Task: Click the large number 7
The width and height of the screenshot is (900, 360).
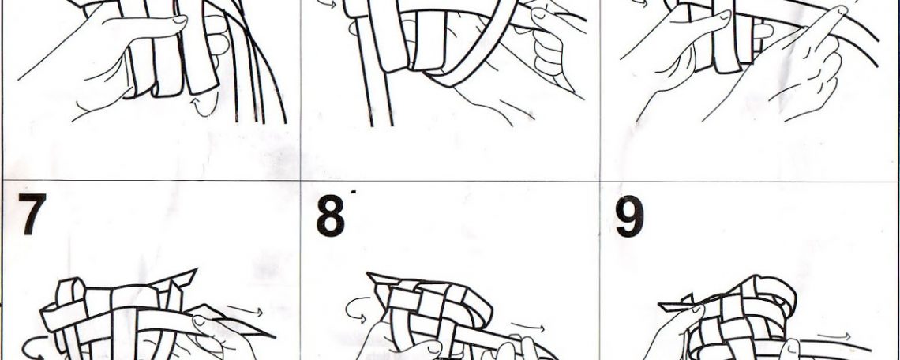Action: [32, 214]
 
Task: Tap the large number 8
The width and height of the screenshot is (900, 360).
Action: [331, 216]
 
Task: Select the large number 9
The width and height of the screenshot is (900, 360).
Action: [630, 216]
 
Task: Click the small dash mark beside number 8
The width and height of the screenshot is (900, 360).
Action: [353, 191]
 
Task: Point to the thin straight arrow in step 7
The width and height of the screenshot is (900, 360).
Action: [245, 311]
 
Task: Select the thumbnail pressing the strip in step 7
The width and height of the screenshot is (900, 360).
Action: [198, 321]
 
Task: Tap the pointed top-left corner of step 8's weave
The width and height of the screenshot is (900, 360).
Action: [369, 275]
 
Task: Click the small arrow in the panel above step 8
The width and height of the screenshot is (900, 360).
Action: [327, 3]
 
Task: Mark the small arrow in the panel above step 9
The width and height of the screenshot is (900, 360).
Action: [639, 3]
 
